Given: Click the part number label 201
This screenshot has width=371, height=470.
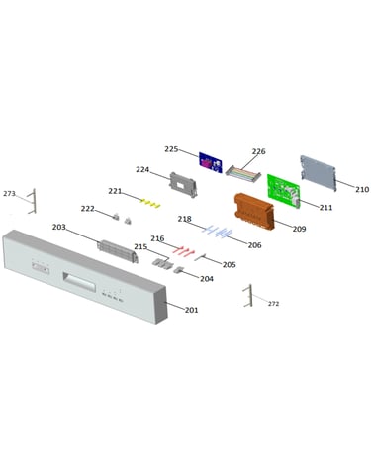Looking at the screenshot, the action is (191, 310).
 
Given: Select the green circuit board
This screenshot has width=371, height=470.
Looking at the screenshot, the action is (284, 191).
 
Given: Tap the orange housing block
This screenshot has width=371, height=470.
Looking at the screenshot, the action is (254, 211).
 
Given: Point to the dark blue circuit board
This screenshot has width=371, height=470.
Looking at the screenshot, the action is (211, 162).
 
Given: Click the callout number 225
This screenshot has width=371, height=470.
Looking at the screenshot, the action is (171, 149).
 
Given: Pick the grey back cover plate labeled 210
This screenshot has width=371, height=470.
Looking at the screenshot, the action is (318, 173).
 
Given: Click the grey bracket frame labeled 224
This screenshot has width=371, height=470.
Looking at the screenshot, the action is (183, 184).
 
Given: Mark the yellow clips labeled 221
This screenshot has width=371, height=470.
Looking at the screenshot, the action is (150, 204).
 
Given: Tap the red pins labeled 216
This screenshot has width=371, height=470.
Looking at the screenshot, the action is (184, 251).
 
